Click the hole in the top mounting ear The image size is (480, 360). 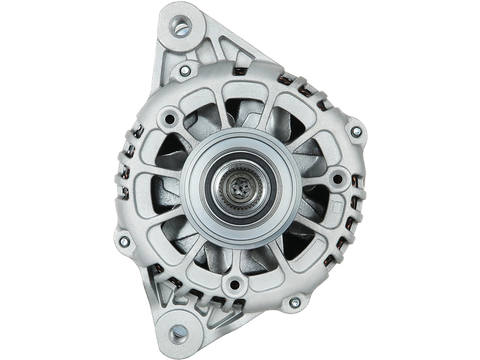181,26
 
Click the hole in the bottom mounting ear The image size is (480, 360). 179,331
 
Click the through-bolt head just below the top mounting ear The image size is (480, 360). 185,71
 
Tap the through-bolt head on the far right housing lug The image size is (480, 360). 356,131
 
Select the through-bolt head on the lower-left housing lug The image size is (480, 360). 124,242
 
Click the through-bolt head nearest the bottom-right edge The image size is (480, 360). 295,303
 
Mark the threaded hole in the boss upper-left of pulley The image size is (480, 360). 169,119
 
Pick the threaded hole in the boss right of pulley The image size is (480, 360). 337,179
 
